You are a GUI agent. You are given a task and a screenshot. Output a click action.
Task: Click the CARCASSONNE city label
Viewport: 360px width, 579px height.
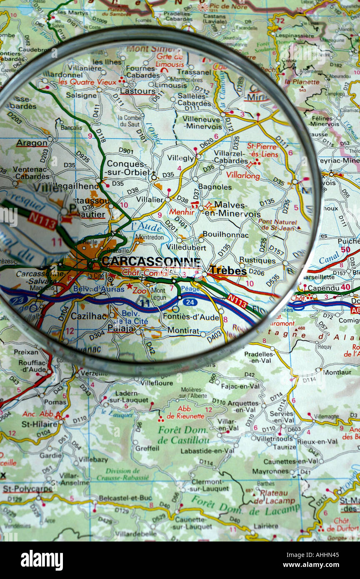pyautogui.click(x=151, y=262)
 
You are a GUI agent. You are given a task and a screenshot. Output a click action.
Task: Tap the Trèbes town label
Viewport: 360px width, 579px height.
pyautogui.click(x=227, y=270)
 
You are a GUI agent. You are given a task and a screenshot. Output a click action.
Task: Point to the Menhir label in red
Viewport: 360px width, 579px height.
pyautogui.click(x=182, y=212)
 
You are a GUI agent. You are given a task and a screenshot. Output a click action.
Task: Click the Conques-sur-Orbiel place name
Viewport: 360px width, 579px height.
pyautogui.click(x=127, y=168)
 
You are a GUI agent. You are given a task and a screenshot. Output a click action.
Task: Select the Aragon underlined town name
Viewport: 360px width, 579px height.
pyautogui.click(x=32, y=143)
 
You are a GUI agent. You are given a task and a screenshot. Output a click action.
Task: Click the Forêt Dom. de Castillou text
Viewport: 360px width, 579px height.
pyautogui.click(x=183, y=435)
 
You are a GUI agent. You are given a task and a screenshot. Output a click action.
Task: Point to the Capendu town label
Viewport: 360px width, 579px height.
pyautogui.click(x=323, y=288)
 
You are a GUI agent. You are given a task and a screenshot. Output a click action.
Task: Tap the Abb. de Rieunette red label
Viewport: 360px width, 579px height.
pyautogui.click(x=185, y=412)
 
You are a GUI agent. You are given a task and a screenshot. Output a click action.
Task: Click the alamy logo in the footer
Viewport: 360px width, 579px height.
pyautogui.click(x=42, y=560)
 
